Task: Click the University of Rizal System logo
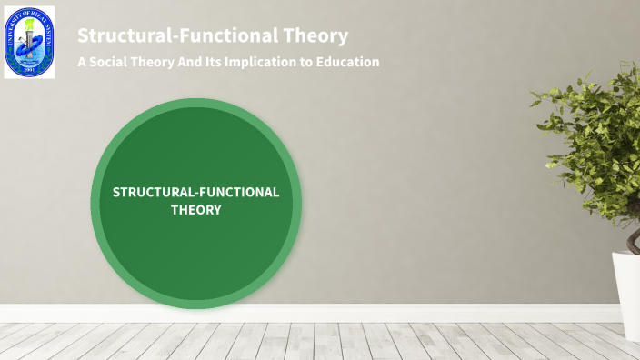29,42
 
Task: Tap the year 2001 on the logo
29,70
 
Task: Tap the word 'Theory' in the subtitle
155,62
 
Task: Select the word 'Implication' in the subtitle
272,62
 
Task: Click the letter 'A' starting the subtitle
82,62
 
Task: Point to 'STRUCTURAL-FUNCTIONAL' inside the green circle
195,192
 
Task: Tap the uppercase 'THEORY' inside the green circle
196,209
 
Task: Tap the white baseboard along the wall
364,313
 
